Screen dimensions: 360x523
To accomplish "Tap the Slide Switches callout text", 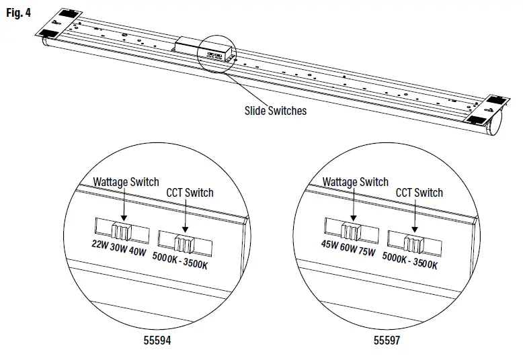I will coord(275,110).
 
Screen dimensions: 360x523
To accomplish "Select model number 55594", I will coord(157,341).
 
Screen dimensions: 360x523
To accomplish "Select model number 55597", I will coord(387,341).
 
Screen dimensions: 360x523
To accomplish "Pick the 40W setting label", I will coord(136,252).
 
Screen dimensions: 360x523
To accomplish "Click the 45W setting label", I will coord(330,244).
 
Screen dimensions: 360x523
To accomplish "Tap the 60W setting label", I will coord(348,248).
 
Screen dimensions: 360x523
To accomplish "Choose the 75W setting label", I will coord(367,251).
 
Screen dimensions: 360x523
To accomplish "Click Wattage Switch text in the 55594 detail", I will coord(126,182).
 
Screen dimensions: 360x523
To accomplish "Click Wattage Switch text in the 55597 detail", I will coord(356,182).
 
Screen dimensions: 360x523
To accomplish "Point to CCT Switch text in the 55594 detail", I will coord(190,193).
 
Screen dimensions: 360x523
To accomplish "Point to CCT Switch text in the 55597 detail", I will coord(419,193).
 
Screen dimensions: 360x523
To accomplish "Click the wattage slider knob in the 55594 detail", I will coord(121,231).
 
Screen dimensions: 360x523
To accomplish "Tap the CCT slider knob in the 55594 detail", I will coord(184,242).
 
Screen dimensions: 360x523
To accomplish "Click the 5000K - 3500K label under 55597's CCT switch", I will coord(410,261).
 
